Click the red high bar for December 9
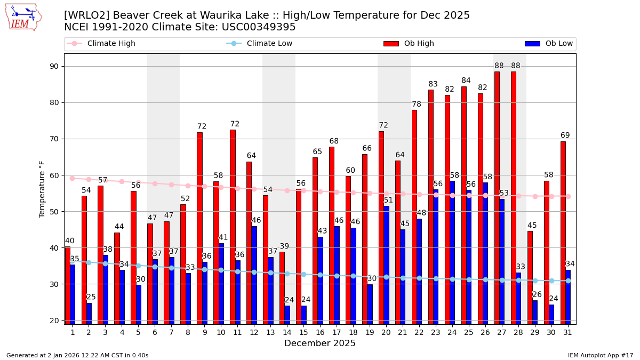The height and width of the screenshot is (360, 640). click(x=199, y=228)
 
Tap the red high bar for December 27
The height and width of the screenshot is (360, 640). click(x=497, y=198)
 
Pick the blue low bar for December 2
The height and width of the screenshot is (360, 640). click(x=89, y=314)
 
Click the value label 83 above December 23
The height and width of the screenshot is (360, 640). click(x=433, y=84)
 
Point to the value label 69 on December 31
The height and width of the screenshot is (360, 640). click(x=565, y=135)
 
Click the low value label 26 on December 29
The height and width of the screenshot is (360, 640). click(x=537, y=294)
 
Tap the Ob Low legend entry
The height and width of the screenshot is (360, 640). click(x=549, y=44)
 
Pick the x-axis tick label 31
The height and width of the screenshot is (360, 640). click(x=567, y=332)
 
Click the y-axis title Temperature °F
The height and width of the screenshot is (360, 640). click(x=42, y=189)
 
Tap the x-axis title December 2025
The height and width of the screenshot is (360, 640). click(x=320, y=343)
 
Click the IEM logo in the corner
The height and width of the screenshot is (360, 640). click(x=23, y=17)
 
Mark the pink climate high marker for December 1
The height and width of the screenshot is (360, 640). click(x=73, y=178)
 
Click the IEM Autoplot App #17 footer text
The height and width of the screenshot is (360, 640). click(x=600, y=355)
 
